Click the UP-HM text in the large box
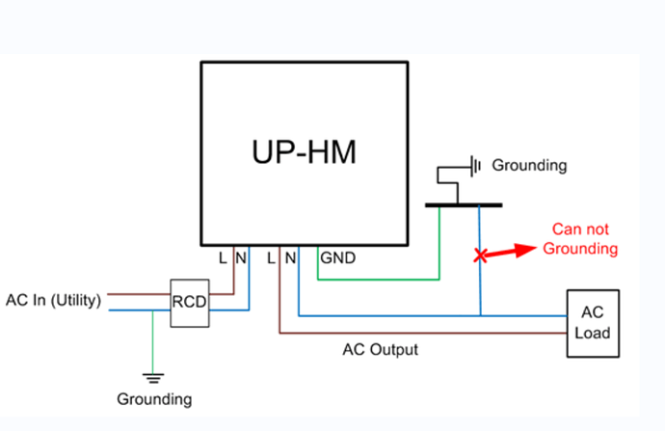pos(305,152)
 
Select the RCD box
pos(190,303)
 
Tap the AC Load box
pos(593,324)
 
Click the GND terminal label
pos(338,257)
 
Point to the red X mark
pos(480,256)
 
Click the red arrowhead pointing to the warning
pos(526,250)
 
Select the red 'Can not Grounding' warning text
pos(580,239)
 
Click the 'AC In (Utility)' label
pos(53,300)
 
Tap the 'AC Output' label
pos(381,350)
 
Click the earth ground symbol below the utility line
pos(153,378)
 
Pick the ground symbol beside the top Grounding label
pos(475,166)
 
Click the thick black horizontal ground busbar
pos(464,205)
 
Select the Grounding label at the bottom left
pos(154,399)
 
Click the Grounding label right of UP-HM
pos(529,166)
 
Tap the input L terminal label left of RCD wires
pos(223,257)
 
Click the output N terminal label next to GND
pos(290,257)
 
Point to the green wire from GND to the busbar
pos(379,280)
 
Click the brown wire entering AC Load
pos(423,333)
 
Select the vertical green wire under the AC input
pos(152,342)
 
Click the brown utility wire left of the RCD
pos(139,293)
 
